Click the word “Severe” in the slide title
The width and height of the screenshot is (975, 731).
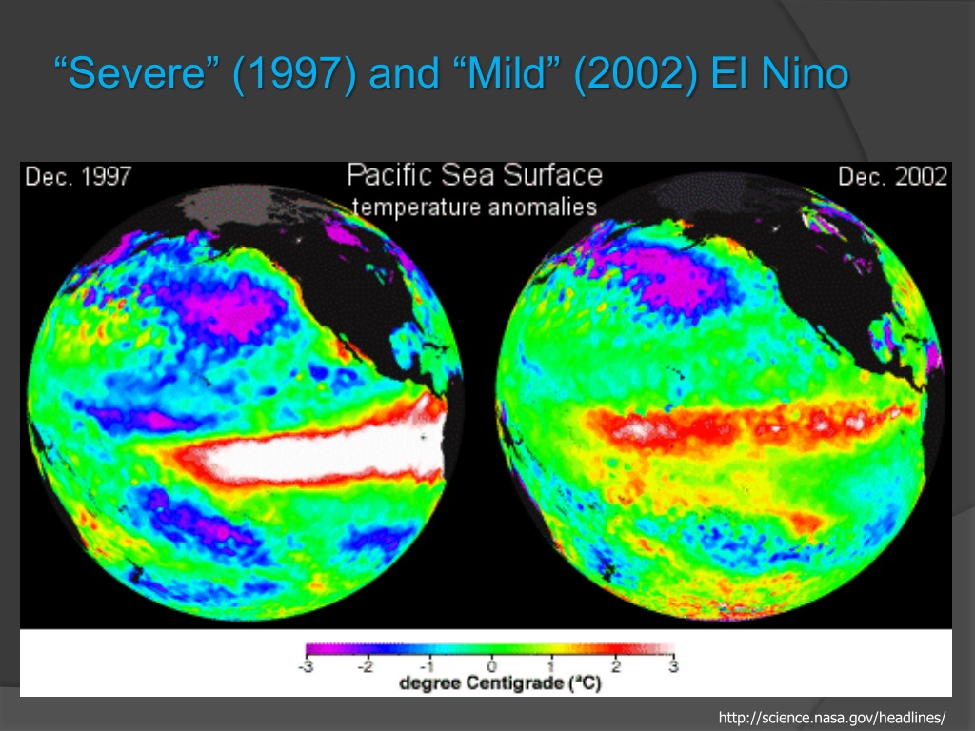[x=138, y=72]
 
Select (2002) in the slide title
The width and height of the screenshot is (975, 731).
[x=635, y=74]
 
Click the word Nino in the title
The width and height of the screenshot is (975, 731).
[x=805, y=72]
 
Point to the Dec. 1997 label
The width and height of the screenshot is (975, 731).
[x=78, y=176]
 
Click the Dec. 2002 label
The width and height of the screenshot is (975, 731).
[x=892, y=176]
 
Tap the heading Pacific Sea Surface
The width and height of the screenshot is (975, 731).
[x=474, y=175]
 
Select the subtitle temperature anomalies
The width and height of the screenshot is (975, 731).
[x=474, y=207]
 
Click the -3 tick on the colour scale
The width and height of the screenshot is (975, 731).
[x=305, y=667]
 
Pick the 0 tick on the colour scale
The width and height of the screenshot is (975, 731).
[x=492, y=667]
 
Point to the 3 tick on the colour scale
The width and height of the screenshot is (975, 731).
[x=673, y=667]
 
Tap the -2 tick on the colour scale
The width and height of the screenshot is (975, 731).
[x=366, y=667]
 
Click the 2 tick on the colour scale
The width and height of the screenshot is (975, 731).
[x=616, y=667]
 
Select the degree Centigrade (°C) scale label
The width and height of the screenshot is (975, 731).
[x=501, y=683]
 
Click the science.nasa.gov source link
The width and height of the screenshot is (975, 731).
[x=832, y=718]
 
